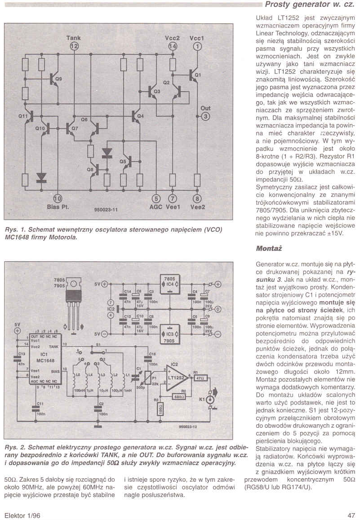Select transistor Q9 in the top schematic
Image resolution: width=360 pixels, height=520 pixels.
coord(54,80)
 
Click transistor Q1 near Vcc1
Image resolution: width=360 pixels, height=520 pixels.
coord(194,75)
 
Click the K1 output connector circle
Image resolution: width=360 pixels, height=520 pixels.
coord(209,398)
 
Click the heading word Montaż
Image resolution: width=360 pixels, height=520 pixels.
coord(265,248)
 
